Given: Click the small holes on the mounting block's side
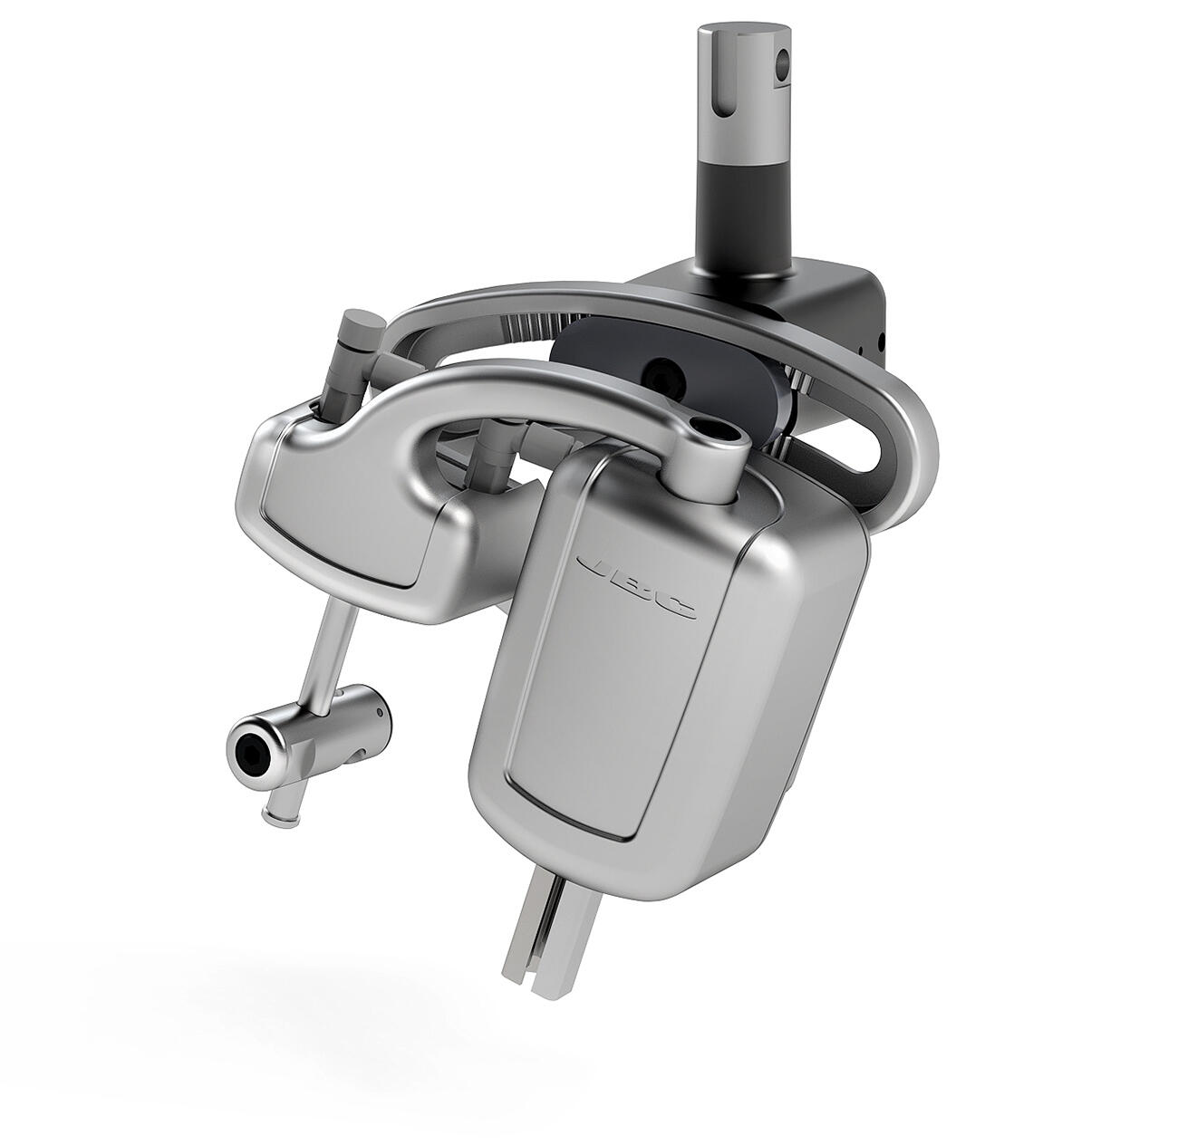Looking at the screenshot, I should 876,342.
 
